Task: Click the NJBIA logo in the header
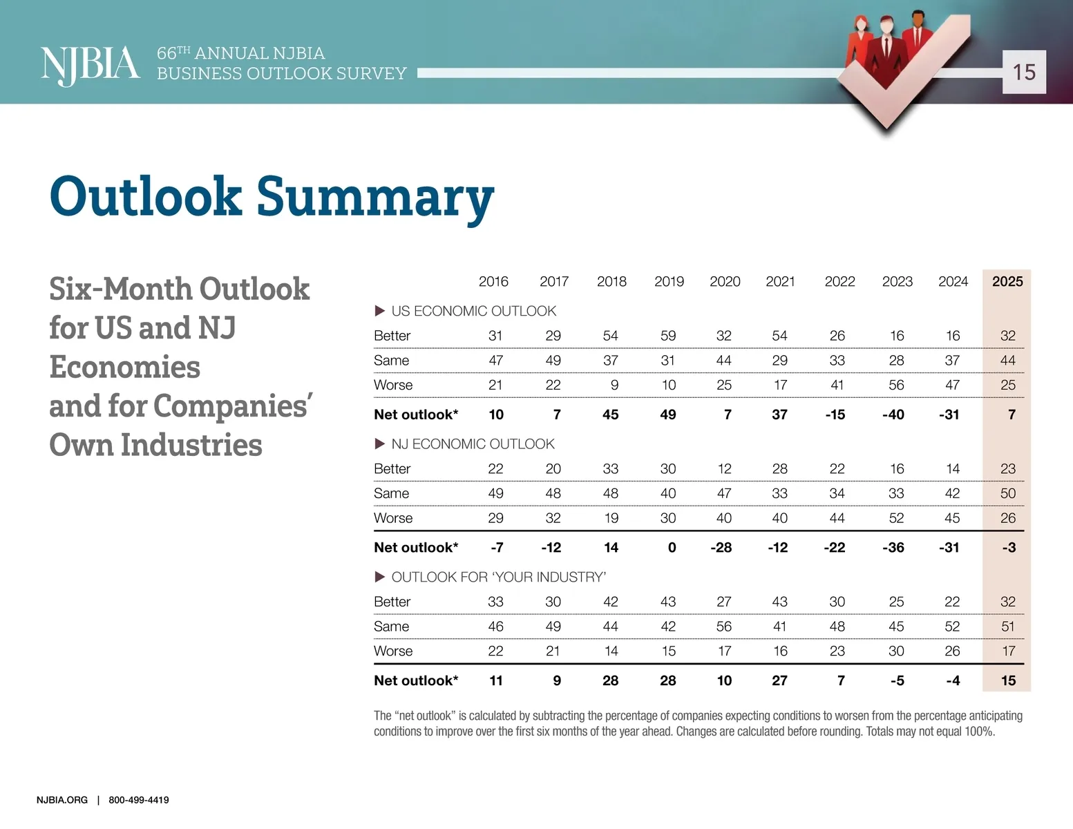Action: (90, 65)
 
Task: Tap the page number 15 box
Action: (1024, 72)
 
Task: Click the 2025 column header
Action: (1007, 281)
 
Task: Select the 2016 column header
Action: (493, 281)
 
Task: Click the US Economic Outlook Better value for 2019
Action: (668, 336)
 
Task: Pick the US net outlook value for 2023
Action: (893, 414)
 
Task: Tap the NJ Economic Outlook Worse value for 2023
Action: (896, 518)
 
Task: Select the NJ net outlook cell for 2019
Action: (672, 548)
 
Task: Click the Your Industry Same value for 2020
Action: (724, 627)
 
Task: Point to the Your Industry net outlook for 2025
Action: (1008, 680)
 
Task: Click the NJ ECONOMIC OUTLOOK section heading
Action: (473, 444)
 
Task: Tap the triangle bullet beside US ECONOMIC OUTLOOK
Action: (379, 311)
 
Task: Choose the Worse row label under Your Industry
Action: (393, 651)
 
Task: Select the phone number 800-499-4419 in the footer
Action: (139, 800)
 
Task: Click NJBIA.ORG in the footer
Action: (62, 800)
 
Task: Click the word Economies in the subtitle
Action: (125, 367)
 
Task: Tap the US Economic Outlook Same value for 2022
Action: (837, 361)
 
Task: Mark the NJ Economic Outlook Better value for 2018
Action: (611, 469)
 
